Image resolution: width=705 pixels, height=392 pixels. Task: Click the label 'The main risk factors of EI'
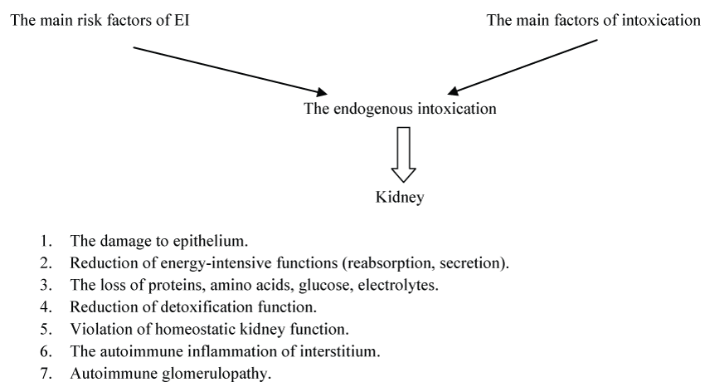click(x=98, y=22)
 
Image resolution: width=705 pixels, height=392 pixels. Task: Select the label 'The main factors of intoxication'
click(x=593, y=22)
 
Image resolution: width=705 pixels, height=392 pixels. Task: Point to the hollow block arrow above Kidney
click(x=404, y=154)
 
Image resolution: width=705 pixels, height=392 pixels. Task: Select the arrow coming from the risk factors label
click(x=228, y=69)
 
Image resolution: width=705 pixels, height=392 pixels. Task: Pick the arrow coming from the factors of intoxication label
click(x=527, y=66)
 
